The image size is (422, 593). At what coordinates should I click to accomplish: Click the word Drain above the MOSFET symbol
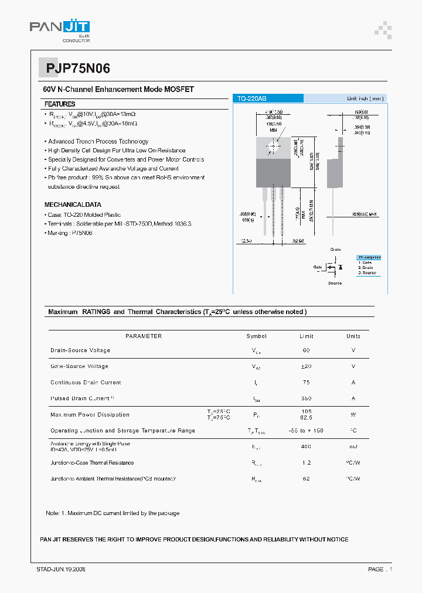[x=335, y=250]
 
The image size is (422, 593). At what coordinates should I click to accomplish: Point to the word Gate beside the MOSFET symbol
[x=317, y=267]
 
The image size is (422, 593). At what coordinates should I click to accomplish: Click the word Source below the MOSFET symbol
[x=335, y=283]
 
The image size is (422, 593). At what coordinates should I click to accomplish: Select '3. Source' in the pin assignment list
[x=367, y=272]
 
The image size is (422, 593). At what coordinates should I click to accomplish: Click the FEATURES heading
[x=60, y=104]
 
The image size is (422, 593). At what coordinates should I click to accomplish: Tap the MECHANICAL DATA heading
[x=73, y=205]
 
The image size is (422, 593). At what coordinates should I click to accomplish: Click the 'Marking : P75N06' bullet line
[x=69, y=233]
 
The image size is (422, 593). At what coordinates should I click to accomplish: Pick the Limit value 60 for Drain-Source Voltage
[x=306, y=350]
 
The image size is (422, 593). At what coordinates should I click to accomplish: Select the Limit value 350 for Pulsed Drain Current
[x=306, y=398]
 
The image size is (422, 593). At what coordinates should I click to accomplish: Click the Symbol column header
[x=256, y=336]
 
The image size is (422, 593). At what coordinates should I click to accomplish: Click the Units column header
[x=353, y=336]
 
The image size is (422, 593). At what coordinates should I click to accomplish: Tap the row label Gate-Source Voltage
[x=79, y=366]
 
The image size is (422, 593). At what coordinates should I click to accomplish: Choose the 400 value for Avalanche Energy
[x=306, y=447]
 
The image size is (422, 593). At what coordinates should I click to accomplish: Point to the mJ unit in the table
[x=353, y=447]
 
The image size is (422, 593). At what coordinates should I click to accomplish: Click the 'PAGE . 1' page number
[x=380, y=569]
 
